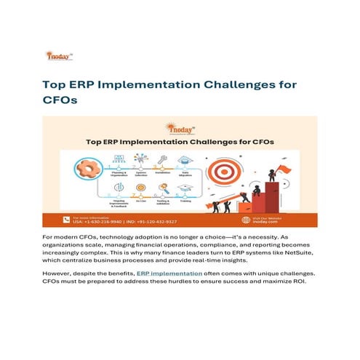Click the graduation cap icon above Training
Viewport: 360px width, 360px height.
185,188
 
